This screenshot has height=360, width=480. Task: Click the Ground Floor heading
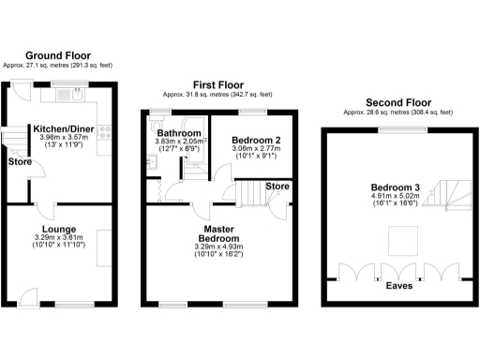[x=58, y=54]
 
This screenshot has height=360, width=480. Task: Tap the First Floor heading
[x=217, y=84]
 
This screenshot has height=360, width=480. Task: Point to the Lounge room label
[x=59, y=228]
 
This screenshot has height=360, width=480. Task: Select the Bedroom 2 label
[x=251, y=141]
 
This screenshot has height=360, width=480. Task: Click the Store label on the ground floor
[x=19, y=161]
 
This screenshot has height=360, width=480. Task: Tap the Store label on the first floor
[x=276, y=186]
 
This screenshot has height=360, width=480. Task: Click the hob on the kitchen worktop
[x=107, y=133]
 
